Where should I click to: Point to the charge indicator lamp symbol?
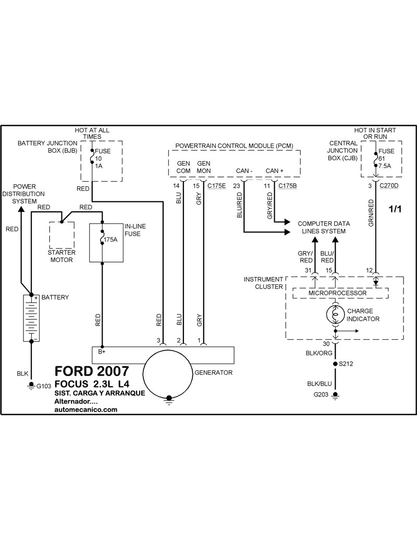coord(334,314)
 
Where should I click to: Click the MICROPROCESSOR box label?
coord(338,293)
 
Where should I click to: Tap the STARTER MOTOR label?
coord(62,256)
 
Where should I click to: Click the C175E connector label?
coord(217,185)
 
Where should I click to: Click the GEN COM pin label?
coord(183,167)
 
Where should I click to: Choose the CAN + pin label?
coord(275,171)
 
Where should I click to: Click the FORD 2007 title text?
coord(92,371)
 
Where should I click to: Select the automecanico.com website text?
coord(85,410)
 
